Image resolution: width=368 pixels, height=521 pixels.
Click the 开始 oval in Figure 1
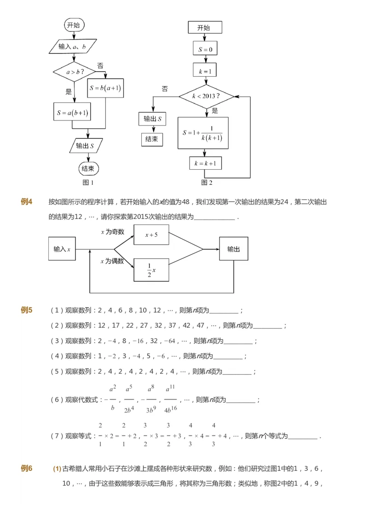74,25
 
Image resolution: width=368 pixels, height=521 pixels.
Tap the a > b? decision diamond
74,72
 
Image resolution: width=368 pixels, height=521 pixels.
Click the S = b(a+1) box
106,88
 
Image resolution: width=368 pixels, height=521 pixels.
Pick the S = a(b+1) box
72,112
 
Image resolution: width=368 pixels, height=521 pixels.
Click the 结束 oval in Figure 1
88,169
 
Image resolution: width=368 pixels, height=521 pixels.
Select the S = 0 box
205,49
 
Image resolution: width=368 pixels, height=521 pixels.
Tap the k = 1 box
205,70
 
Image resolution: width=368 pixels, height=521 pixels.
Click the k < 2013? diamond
206,97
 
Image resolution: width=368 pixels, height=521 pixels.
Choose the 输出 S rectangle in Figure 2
152,119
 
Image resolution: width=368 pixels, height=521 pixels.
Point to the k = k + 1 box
205,163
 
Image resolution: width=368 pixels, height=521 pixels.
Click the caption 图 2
207,183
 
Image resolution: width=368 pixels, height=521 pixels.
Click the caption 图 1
88,183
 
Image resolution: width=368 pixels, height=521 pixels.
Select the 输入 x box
62,249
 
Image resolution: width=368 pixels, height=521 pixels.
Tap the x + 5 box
151,235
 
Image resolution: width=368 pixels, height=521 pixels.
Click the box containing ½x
151,270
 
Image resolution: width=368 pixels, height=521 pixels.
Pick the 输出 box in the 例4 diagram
234,249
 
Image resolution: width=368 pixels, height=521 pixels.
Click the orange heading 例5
27,310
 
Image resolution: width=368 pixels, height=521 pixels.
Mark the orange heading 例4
27,201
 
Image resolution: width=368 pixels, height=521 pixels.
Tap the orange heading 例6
27,469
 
